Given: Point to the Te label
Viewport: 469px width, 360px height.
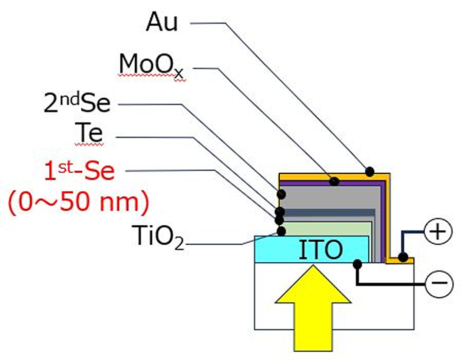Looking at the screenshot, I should pos(88,135).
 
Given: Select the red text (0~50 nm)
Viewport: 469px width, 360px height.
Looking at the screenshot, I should pos(79,202).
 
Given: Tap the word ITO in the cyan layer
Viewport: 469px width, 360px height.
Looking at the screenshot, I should pos(320,250).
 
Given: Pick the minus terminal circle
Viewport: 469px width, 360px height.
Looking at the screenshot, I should pos(439,283).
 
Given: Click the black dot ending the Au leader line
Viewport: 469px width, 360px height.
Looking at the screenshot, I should pos(369,170).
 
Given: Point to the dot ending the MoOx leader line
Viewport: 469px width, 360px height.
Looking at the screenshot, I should pos(334,181).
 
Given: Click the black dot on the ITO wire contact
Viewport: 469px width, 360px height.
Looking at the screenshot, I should pos(356,264).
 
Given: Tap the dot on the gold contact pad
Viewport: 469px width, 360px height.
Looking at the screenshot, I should pos(404,257).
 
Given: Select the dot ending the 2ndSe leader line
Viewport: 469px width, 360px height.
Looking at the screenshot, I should pos(281,194).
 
